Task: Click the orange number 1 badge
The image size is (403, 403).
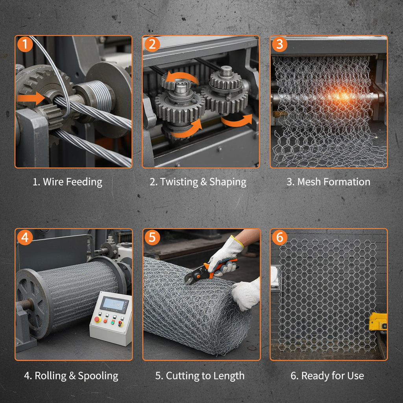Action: pyautogui.click(x=25, y=44)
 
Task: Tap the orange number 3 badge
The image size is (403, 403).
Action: pyautogui.click(x=279, y=44)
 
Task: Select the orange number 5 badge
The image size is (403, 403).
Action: pyautogui.click(x=152, y=238)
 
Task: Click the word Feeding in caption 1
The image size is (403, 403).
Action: pyautogui.click(x=83, y=182)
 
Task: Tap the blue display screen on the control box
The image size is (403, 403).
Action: pyautogui.click(x=114, y=304)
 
